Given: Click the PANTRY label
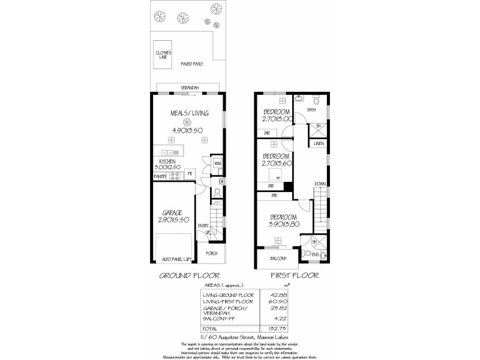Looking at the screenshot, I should click(160, 176).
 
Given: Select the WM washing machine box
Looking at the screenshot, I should click(217, 163).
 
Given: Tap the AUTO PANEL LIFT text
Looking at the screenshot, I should click(173, 258).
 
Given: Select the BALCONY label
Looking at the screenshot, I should click(278, 258).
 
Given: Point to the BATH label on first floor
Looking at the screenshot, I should click(311, 110).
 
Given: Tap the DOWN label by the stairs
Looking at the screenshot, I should click(320, 184).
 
